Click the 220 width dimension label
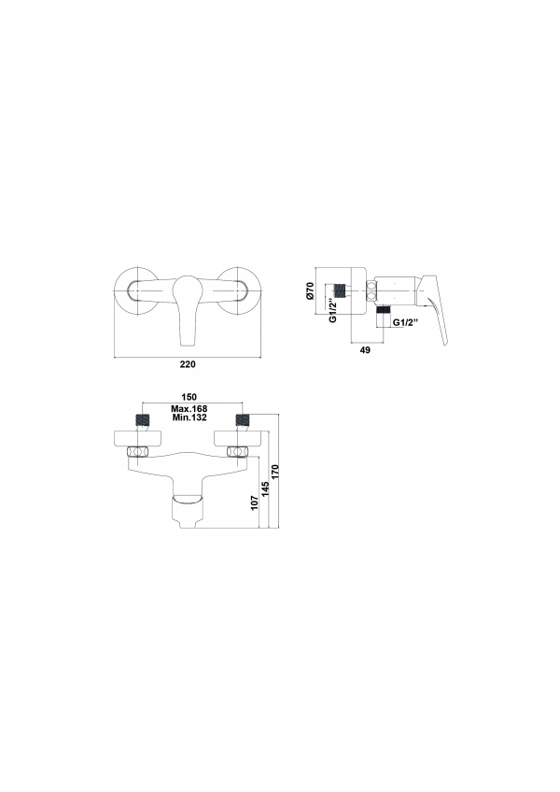pyautogui.click(x=188, y=364)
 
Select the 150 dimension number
pyautogui.click(x=189, y=397)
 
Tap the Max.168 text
pyautogui.click(x=189, y=409)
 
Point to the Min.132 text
pyautogui.click(x=189, y=417)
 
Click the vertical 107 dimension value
pyautogui.click(x=255, y=502)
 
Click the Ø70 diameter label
pyautogui.click(x=311, y=291)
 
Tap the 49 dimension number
pyautogui.click(x=365, y=350)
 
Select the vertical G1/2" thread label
pyautogui.click(x=331, y=312)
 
